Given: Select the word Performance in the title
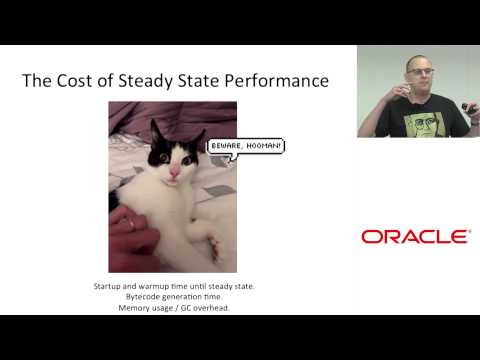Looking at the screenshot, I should tap(274, 80).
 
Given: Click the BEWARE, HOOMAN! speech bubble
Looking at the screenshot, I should tap(246, 146).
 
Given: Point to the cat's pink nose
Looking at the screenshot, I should tap(174, 173).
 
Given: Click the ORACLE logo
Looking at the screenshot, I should tap(415, 237).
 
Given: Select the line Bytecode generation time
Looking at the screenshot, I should tap(174, 297).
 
